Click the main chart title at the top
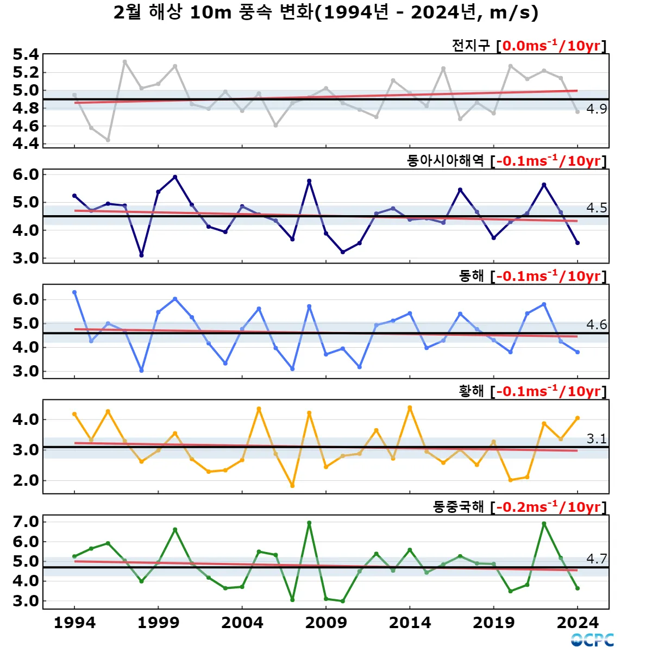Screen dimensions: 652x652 click(x=326, y=12)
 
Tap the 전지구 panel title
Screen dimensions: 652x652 click(x=471, y=46)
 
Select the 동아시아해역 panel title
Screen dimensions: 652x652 click(x=445, y=161)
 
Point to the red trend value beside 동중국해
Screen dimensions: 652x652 click(x=549, y=507)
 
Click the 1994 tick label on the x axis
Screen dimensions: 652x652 click(x=74, y=623)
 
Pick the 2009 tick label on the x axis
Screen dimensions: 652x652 click(x=326, y=623)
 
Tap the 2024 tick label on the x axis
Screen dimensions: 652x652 click(x=578, y=623)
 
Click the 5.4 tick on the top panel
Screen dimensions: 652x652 click(x=26, y=54)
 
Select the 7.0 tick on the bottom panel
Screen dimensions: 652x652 click(x=26, y=522)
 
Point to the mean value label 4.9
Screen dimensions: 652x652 click(x=597, y=109)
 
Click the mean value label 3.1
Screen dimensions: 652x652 click(x=597, y=439)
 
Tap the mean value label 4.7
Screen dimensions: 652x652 click(x=597, y=559)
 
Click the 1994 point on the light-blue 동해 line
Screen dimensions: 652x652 click(x=74, y=292)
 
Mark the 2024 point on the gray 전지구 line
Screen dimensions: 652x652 click(x=578, y=111)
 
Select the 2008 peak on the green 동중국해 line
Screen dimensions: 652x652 click(x=309, y=523)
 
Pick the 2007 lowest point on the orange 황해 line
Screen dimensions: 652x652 click(x=292, y=486)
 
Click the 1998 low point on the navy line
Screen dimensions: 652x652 click(x=141, y=255)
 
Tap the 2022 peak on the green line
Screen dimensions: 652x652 click(x=544, y=524)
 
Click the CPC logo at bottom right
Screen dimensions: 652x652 click(x=592, y=640)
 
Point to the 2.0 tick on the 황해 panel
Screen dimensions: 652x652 click(x=26, y=480)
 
